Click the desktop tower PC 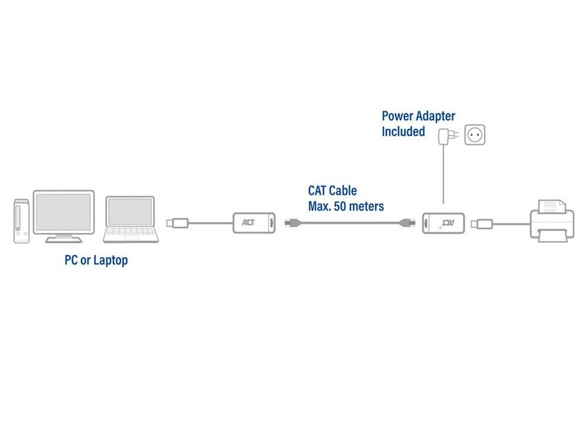coord(21,221)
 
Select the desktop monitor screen coord(63,212)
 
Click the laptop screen coord(130,211)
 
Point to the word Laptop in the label coord(111,260)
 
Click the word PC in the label coord(71,260)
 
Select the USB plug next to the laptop coord(178,223)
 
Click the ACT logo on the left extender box coord(248,222)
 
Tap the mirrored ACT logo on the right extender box coord(448,223)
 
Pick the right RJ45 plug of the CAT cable coord(407,223)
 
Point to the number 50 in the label coord(340,207)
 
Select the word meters coord(366,207)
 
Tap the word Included coord(403,131)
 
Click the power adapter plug coord(448,136)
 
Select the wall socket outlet coord(475,135)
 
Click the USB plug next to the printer coord(482,224)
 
